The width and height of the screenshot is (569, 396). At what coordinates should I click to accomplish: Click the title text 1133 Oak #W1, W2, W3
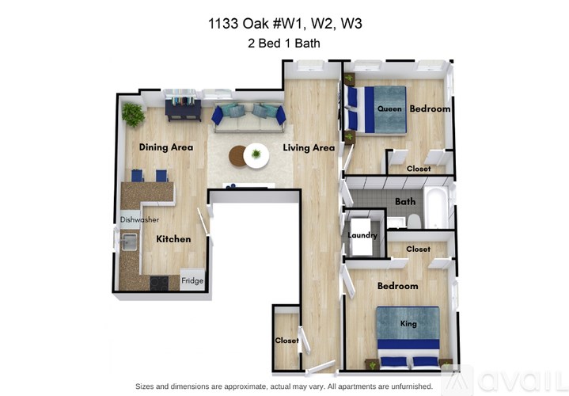coord(284,24)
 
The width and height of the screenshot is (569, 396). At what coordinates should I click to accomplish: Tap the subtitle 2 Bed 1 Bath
coord(284,44)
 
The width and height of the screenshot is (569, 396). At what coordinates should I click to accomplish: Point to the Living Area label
coord(309,148)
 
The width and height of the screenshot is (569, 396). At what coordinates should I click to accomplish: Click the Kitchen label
coord(173,239)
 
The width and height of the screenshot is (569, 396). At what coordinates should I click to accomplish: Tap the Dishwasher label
coord(140,219)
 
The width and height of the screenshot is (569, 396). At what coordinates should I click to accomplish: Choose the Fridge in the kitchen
coord(192,280)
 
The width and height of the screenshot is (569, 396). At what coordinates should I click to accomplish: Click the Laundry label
coord(362,235)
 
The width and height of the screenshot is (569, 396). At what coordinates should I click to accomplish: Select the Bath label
coord(405,202)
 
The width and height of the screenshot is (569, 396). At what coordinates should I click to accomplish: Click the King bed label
coord(408,324)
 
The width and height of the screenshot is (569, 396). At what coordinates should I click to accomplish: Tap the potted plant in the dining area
coord(133,116)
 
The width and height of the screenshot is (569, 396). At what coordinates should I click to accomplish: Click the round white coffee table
coord(256,155)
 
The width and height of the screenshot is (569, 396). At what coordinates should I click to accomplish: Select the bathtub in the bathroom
coord(437,207)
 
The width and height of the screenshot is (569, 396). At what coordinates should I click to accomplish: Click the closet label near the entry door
coord(287,341)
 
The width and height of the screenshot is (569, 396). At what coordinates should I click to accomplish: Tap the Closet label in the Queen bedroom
coord(419,169)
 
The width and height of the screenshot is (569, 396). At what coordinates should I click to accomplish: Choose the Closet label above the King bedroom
coord(418,249)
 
